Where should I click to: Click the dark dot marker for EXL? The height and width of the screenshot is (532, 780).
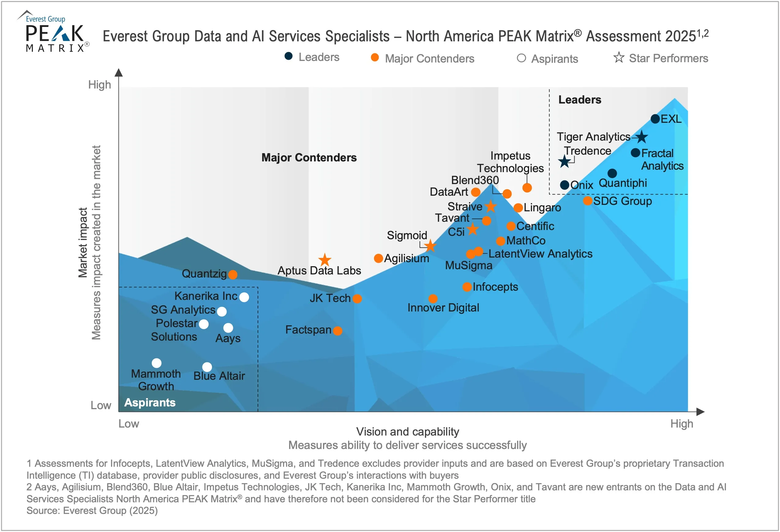[655, 119]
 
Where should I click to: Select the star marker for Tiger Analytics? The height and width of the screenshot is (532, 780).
[641, 137]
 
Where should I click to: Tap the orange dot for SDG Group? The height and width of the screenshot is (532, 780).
[587, 201]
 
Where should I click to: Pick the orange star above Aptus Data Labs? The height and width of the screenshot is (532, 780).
[324, 260]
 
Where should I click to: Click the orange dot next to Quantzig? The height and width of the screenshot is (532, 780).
[233, 274]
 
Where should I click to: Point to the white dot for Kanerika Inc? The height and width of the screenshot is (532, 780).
[244, 297]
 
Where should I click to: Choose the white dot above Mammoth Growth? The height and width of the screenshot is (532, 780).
[156, 363]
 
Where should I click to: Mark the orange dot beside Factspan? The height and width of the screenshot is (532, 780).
[338, 330]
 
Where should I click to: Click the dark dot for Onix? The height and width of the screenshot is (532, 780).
[564, 185]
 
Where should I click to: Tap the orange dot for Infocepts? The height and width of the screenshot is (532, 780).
[467, 287]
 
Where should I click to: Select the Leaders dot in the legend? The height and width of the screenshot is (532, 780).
[288, 56]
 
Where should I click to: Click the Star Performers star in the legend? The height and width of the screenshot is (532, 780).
[619, 58]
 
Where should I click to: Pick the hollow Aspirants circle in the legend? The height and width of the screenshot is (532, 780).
[521, 58]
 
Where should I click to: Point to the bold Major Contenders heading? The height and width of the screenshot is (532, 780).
[309, 157]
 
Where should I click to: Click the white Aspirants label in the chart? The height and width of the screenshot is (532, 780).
[150, 402]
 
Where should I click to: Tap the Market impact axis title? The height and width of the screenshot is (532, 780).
[83, 243]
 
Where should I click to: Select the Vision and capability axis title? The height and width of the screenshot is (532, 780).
[407, 431]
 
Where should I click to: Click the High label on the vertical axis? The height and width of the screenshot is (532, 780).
[99, 85]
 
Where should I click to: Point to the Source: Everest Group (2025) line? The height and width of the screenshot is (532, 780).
[92, 511]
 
